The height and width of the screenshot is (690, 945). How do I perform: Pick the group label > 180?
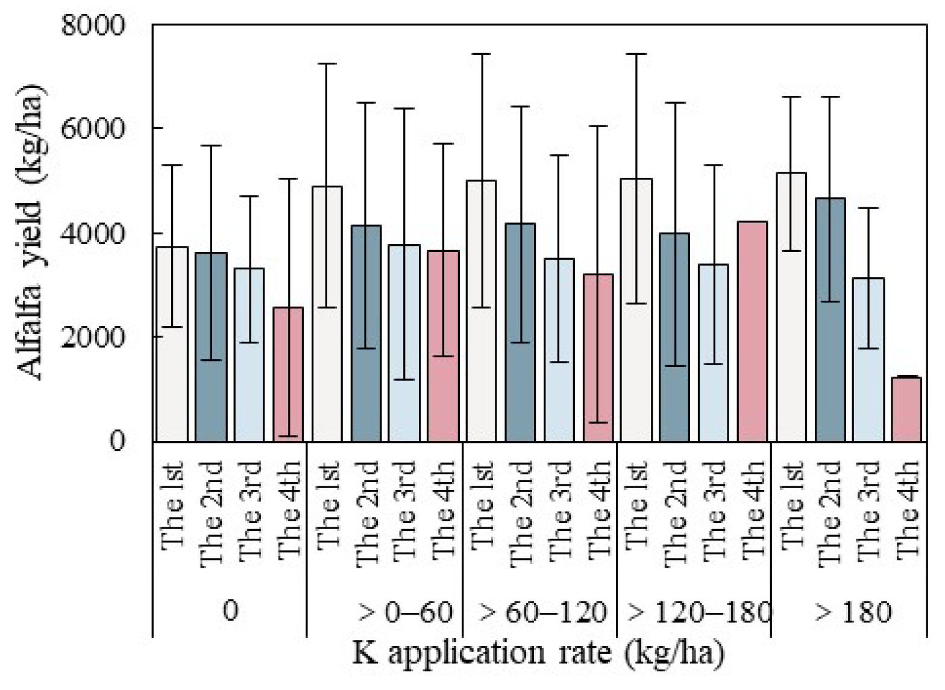[x=853, y=612]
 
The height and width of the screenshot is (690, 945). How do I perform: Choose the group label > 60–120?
[x=542, y=612]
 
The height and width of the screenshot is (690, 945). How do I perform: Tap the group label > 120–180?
[x=699, y=612]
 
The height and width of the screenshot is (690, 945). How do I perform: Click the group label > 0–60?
[x=405, y=612]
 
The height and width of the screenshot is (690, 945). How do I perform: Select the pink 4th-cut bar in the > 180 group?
[x=906, y=409]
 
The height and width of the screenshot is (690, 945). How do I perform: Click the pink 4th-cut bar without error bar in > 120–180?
[x=752, y=331]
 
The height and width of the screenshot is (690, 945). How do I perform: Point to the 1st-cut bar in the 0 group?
[x=172, y=343]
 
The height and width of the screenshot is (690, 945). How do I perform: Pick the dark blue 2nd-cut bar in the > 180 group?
[x=830, y=319]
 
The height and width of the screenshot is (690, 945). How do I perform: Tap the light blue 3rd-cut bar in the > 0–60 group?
[x=404, y=343]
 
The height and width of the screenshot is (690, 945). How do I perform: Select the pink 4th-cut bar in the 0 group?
[x=288, y=374]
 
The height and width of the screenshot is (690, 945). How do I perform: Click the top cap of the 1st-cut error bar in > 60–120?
[x=482, y=54]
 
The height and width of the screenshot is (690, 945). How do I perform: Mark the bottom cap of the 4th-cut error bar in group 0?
[x=288, y=436]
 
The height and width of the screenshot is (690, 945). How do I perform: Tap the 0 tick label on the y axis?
[x=117, y=441]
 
